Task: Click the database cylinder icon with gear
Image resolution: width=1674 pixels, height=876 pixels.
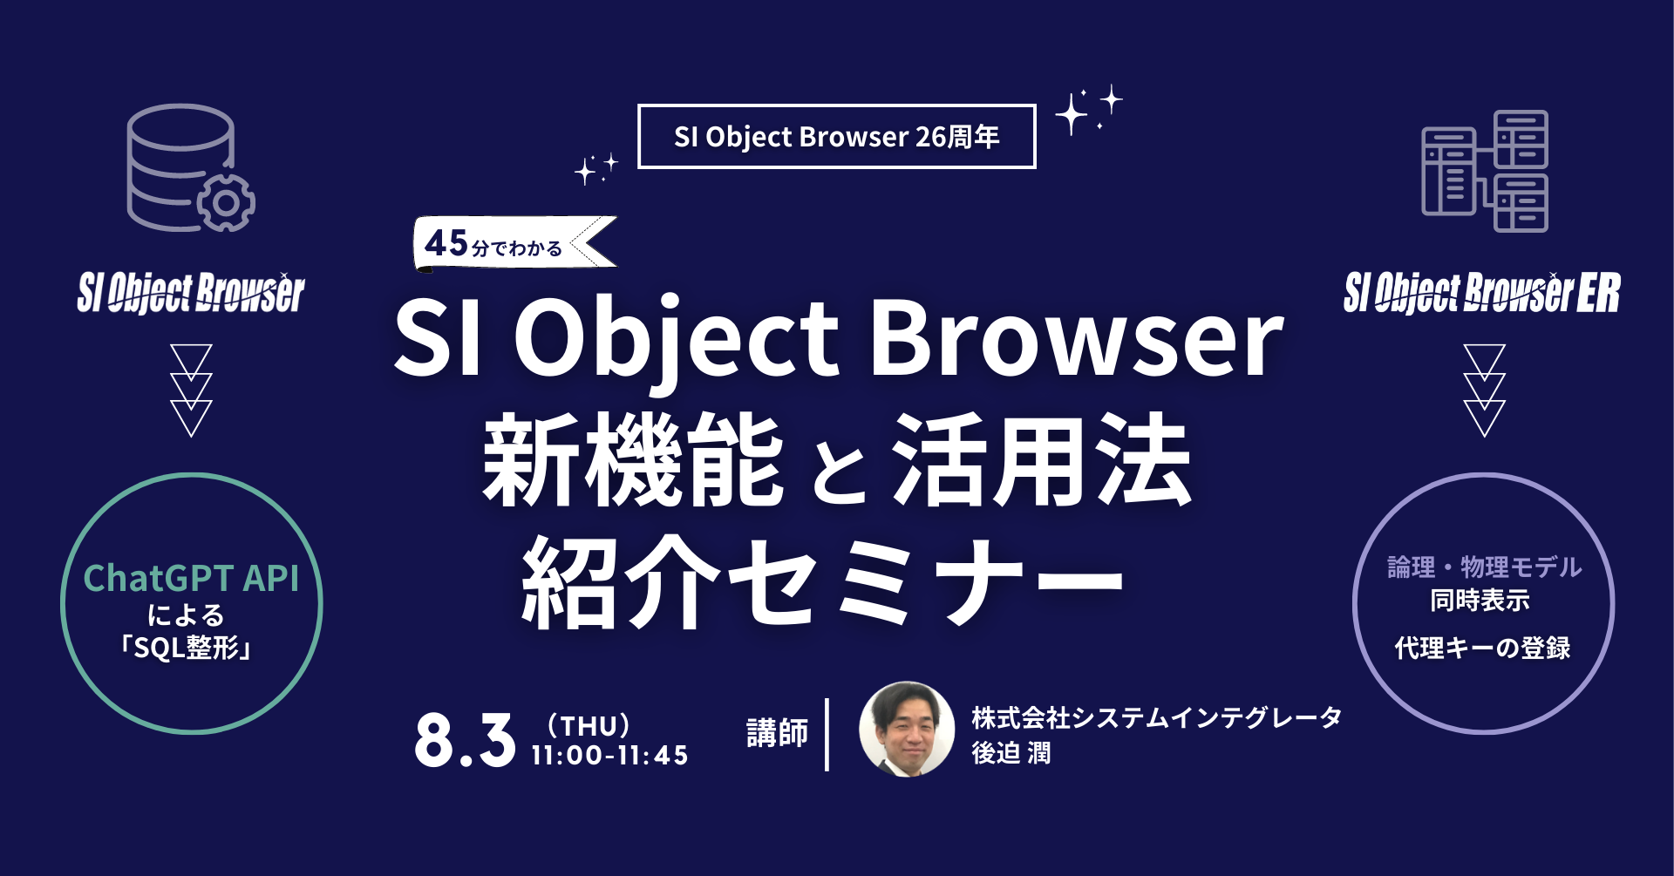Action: coord(183,166)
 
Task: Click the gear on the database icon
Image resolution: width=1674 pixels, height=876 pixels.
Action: coord(226,203)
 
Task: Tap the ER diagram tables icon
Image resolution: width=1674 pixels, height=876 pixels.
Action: coord(1485,171)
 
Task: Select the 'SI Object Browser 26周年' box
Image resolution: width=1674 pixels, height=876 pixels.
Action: coord(836,137)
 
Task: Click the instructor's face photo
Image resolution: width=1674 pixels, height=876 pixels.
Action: coord(907,730)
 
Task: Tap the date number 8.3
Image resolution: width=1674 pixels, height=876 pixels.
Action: coord(465,741)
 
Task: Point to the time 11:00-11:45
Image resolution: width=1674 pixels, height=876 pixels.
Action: coord(609,755)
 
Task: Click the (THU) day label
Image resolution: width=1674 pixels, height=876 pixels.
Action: coord(589,725)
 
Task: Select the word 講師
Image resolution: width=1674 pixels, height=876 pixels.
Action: coord(777,733)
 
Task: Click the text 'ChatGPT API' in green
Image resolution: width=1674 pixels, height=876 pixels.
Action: coord(191,578)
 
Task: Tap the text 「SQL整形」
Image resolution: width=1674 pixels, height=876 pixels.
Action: coord(186,648)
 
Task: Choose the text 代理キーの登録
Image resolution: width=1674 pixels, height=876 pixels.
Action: coord(1482,648)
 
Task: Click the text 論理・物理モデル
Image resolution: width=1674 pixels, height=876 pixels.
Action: coord(1484,567)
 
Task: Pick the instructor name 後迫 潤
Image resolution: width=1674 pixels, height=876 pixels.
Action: coord(1011,753)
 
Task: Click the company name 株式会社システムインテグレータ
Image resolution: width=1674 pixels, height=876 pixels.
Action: coord(1156,717)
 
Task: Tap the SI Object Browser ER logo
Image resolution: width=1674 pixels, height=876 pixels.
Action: coord(1481,293)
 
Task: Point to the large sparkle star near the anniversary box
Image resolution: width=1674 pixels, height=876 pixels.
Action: coord(1072,114)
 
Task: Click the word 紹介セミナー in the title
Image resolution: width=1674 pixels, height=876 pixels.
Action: coord(823,582)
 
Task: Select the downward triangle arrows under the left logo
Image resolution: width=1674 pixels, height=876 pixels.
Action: coord(191,390)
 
